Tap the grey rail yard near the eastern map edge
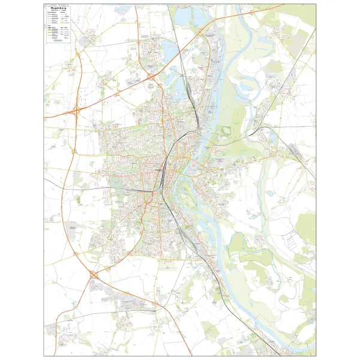[294, 150]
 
